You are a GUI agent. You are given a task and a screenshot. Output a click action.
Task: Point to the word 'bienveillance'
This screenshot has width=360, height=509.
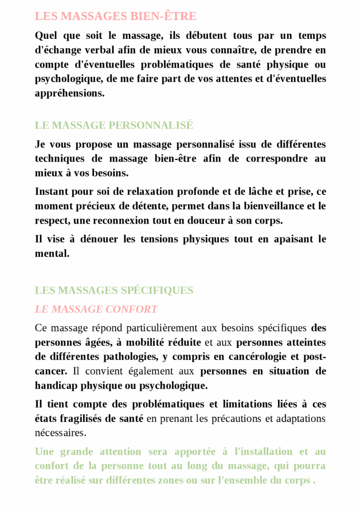pos(260,206)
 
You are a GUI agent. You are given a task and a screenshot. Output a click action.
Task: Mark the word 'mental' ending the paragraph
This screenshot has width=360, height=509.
pos(51,254)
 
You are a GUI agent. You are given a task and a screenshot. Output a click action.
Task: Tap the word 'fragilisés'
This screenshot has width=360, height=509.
pos(82,418)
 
